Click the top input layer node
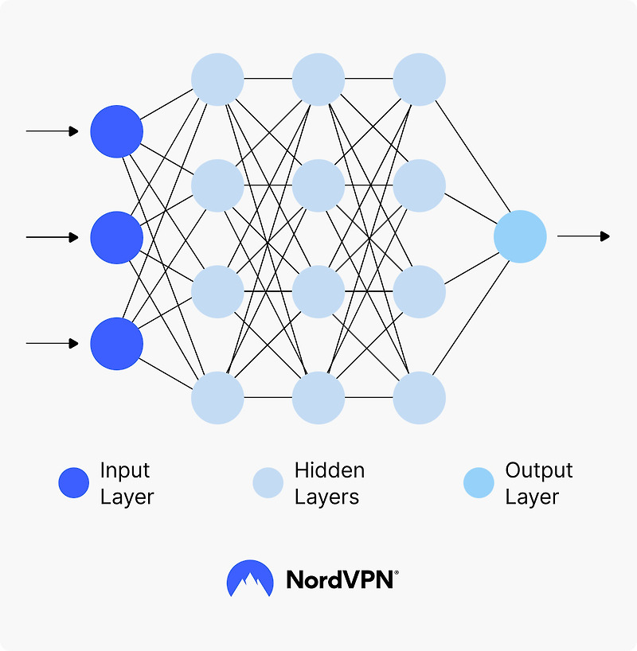116,131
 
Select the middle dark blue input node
116,237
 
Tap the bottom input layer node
116,344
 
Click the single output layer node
520,236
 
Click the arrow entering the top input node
53,131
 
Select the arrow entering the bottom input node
53,344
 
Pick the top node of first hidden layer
217,79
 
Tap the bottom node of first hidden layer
217,398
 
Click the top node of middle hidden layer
318,79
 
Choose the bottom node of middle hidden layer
318,398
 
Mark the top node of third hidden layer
419,79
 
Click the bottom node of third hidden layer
419,398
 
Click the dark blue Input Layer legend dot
74,483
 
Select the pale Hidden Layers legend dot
268,483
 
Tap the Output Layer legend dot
479,483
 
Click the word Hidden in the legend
329,470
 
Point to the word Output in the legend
538,470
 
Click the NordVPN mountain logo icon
250,579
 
